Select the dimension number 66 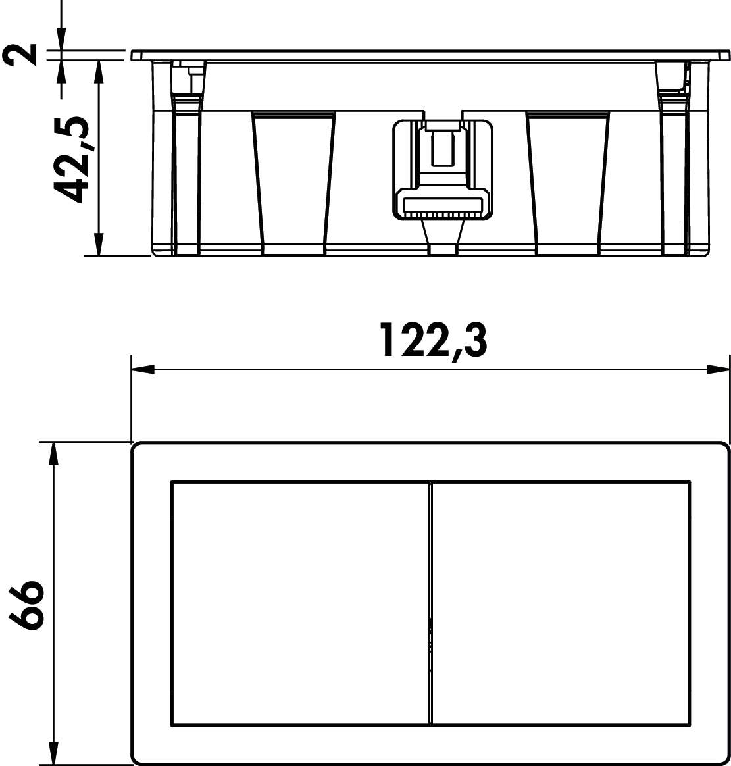tap(26, 604)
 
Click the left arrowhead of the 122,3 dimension tap(143, 370)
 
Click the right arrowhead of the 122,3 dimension tap(718, 370)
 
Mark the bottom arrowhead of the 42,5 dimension tap(99, 243)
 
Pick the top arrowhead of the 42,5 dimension tap(99, 72)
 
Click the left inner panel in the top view tap(300, 603)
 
